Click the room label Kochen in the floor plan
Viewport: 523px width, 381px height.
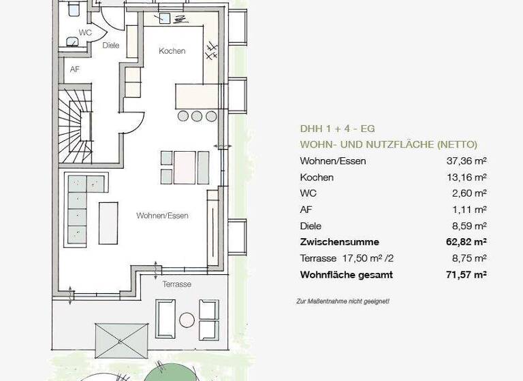(172, 51)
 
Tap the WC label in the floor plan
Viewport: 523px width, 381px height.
(85, 33)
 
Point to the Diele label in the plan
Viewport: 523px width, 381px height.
(111, 46)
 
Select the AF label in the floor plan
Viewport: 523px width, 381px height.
(75, 69)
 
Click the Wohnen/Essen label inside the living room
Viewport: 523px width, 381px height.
(162, 216)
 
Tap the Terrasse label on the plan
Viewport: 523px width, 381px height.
(176, 284)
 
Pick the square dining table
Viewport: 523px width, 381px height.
(185, 167)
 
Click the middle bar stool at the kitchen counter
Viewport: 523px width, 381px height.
(197, 116)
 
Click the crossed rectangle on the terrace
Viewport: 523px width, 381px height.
(122, 341)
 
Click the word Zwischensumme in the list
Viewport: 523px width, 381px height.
(339, 242)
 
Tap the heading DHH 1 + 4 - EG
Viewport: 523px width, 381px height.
(337, 129)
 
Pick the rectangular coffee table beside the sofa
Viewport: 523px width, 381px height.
(108, 222)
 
